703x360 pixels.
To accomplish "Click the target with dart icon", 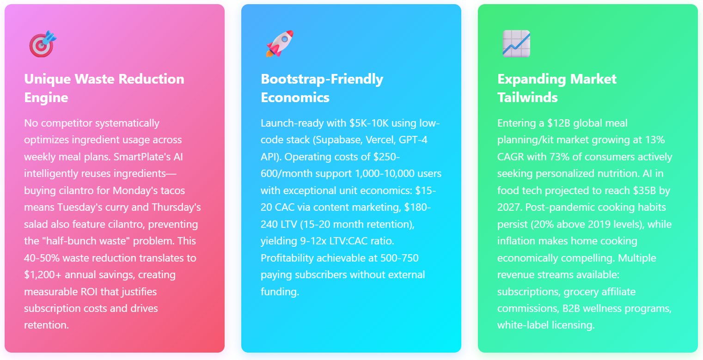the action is (x=43, y=44).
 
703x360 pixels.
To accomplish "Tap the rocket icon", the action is (x=280, y=43).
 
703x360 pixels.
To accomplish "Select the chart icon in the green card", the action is (x=516, y=43).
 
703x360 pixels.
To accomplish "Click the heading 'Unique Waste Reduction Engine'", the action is (x=104, y=88).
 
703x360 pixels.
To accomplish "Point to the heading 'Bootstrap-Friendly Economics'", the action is (x=322, y=88).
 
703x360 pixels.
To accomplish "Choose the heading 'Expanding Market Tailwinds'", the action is (x=557, y=88).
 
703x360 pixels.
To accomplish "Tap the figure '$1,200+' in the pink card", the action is (x=43, y=275).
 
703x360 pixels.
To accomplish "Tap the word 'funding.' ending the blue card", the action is (x=280, y=292).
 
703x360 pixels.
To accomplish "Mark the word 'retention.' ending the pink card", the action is (x=46, y=325).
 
